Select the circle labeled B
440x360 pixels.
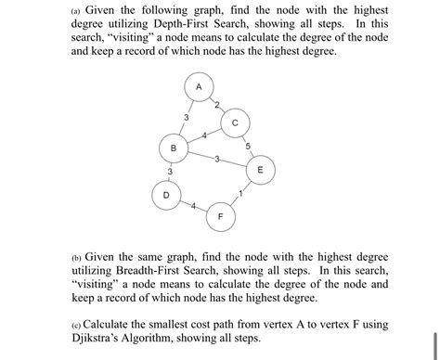point(173,148)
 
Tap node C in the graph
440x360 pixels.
point(235,122)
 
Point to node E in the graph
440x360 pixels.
point(260,171)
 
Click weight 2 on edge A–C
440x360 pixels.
point(216,105)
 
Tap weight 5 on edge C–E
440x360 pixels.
point(248,146)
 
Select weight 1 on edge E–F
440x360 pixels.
point(240,193)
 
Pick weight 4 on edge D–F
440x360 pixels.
point(193,206)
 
